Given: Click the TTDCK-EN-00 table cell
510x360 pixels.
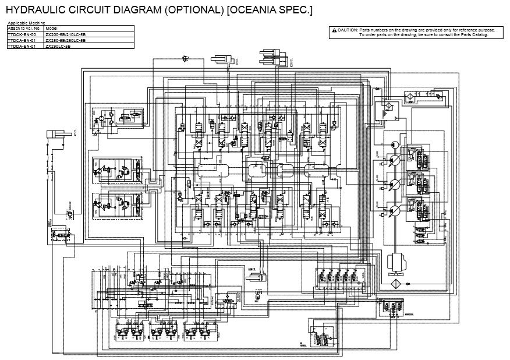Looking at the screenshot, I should point(22,34).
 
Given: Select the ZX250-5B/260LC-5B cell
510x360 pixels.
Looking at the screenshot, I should point(65,40).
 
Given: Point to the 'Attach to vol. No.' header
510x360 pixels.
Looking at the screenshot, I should point(23,29).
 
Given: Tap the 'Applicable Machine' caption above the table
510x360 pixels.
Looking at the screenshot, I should point(22,23).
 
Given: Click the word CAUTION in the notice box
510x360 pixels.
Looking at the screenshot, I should point(348,29).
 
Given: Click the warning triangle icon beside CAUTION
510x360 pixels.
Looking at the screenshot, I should point(334,29).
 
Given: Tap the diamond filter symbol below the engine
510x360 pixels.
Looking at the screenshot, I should point(395,283).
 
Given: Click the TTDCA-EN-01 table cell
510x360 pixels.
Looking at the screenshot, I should point(22,40).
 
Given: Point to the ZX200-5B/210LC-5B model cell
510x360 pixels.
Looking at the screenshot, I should point(65,34).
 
